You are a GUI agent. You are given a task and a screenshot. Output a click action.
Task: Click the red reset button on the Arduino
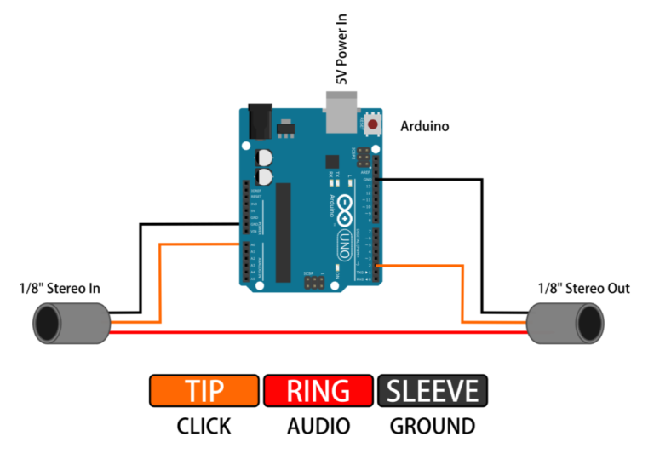coord(372,125)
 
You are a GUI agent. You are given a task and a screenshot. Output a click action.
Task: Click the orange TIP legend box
coord(204,391)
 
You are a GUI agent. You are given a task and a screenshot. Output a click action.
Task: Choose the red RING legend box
coord(318,391)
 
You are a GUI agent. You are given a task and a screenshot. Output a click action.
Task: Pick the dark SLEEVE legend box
coord(432,391)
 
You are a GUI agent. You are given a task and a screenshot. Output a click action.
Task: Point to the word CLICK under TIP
coord(204,426)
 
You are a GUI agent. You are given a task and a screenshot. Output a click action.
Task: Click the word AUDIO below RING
coord(318,426)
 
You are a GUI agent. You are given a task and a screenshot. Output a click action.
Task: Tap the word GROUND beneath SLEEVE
coord(432,426)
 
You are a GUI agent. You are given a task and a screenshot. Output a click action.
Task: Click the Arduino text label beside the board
coord(425,126)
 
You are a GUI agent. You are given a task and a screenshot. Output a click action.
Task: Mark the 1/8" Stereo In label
coord(60,289)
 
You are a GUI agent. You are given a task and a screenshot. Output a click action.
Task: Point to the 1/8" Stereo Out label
coord(583,289)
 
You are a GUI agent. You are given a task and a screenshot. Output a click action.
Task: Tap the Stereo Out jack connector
coord(566,325)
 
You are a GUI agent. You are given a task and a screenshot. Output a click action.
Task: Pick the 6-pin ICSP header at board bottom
coord(313,281)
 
